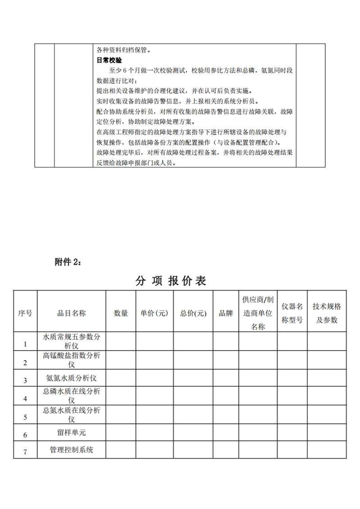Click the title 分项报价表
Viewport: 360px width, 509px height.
pyautogui.click(x=171, y=281)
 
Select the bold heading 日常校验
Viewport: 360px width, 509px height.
pyautogui.click(x=110, y=59)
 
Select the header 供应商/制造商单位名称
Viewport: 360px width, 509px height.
pyautogui.click(x=257, y=313)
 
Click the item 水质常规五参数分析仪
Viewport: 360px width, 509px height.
pyautogui.click(x=72, y=341)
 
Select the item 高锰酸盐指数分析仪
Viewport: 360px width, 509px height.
pyautogui.click(x=72, y=360)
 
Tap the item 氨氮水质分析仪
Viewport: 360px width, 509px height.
pyautogui.click(x=72, y=377)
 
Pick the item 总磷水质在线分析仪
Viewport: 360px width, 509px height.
pyautogui.click(x=72, y=396)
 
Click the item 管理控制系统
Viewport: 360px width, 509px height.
pyautogui.click(x=72, y=449)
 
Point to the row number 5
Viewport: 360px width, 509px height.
pyautogui.click(x=25, y=417)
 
